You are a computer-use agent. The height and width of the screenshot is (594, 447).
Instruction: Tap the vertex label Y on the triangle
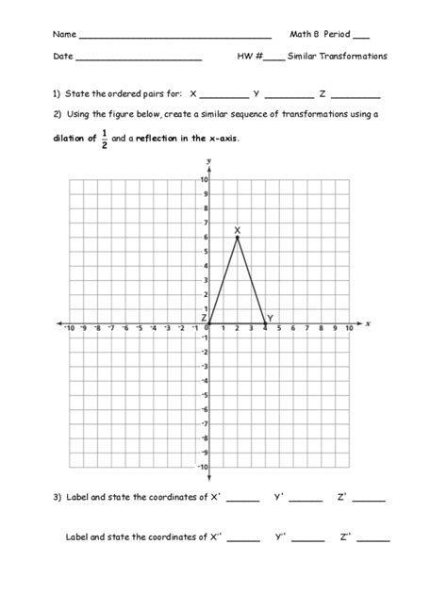(270, 318)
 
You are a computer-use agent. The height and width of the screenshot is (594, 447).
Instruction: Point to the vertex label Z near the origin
(203, 318)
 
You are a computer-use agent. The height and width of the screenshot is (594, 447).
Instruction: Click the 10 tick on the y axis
(204, 179)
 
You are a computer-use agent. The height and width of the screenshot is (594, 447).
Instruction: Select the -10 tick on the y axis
(202, 467)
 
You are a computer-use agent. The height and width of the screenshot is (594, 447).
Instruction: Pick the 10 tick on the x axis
(349, 328)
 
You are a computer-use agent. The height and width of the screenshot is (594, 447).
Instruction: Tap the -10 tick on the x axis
(69, 328)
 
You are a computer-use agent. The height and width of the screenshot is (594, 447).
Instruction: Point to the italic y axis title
(207, 162)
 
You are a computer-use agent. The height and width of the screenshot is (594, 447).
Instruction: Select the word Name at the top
(64, 34)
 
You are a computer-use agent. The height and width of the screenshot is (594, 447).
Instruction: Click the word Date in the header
(62, 57)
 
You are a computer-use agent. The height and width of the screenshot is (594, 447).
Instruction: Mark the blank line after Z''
(373, 539)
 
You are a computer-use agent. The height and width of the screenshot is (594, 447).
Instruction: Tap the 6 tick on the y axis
(205, 237)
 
